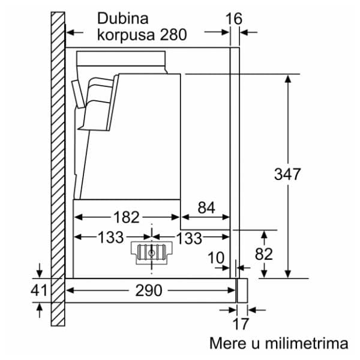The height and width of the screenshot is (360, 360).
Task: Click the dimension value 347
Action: (x=287, y=175)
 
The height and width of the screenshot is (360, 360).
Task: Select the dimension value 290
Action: (x=148, y=290)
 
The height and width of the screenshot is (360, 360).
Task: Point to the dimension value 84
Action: (x=206, y=208)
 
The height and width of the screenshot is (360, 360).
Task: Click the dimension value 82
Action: (x=263, y=254)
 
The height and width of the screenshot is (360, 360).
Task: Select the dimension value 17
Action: (x=240, y=325)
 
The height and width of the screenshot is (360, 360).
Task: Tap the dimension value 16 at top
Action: (x=234, y=19)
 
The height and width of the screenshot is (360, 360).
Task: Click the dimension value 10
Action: (x=217, y=258)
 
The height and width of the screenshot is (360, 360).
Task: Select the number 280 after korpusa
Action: (x=173, y=35)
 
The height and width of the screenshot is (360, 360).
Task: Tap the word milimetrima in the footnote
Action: (x=306, y=343)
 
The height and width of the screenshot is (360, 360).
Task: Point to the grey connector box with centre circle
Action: (x=151, y=253)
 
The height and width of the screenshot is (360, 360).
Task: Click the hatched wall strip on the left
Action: (x=57, y=168)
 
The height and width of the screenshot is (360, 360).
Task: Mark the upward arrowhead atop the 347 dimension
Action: (x=288, y=79)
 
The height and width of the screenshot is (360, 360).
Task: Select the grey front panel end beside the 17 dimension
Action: (x=242, y=290)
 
